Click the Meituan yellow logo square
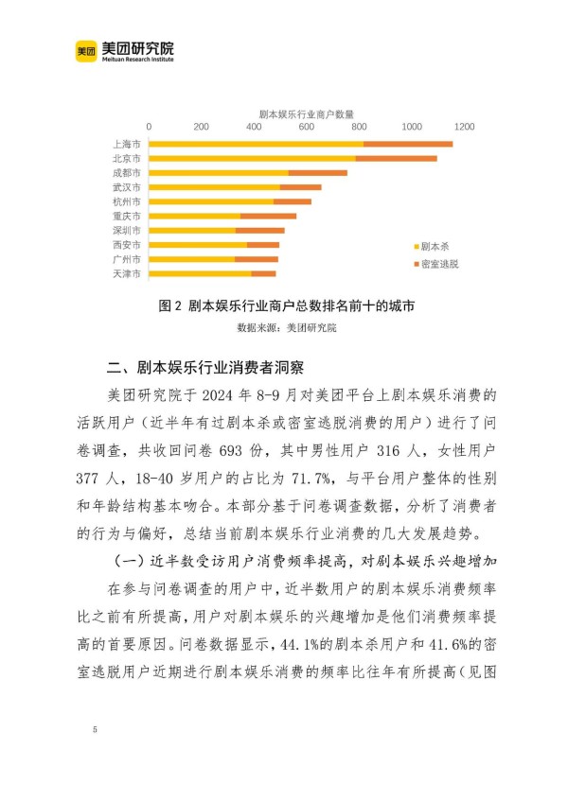(x=86, y=51)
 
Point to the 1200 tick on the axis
(x=463, y=127)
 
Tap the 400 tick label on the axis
(x=254, y=127)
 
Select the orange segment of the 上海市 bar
(x=408, y=144)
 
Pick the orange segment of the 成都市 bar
(x=318, y=173)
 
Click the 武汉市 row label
(x=127, y=187)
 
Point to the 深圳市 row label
(x=127, y=231)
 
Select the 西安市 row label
(x=127, y=245)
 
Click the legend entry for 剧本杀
(x=430, y=244)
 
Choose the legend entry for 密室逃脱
(x=435, y=264)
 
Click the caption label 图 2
(x=169, y=306)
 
